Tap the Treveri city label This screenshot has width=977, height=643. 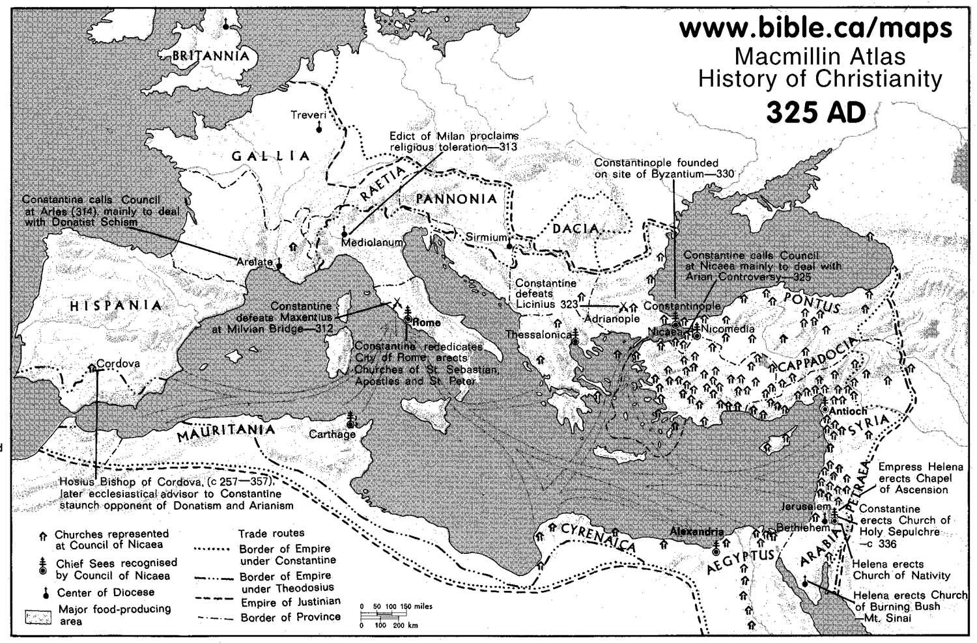pyautogui.click(x=307, y=115)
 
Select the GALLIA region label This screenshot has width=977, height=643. pyautogui.click(x=271, y=156)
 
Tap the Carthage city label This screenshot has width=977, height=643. pyautogui.click(x=332, y=434)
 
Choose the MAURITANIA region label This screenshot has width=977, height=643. pyautogui.click(x=225, y=432)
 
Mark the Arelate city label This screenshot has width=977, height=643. pyautogui.click(x=254, y=262)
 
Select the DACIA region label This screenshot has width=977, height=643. pyautogui.click(x=575, y=228)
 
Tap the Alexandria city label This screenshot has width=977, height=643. pyautogui.click(x=696, y=532)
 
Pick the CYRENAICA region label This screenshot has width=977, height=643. pyautogui.click(x=597, y=537)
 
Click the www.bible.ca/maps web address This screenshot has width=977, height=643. pyautogui.click(x=815, y=28)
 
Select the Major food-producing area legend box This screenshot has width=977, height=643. pyautogui.click(x=38, y=617)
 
